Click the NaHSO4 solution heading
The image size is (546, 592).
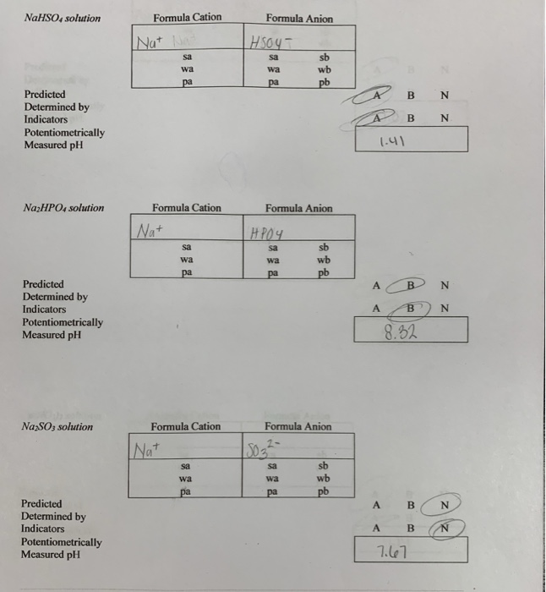pyautogui.click(x=63, y=18)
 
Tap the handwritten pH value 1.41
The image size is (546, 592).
pyautogui.click(x=392, y=141)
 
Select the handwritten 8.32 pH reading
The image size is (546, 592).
pyautogui.click(x=401, y=332)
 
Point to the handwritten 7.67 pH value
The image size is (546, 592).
pyautogui.click(x=392, y=552)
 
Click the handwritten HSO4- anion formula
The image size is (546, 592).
pyautogui.click(x=270, y=42)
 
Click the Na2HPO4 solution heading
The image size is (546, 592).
pyautogui.click(x=63, y=208)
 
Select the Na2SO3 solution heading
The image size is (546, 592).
pyautogui.click(x=57, y=426)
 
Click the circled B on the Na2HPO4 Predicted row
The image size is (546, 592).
pyautogui.click(x=411, y=285)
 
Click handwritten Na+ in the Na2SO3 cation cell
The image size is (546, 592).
pyautogui.click(x=147, y=450)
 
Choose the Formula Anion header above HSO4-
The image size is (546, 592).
pyautogui.click(x=299, y=19)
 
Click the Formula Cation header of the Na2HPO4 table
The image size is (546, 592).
pyautogui.click(x=187, y=208)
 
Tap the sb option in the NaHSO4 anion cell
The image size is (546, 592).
pyautogui.click(x=324, y=58)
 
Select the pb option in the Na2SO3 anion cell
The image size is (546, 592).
pyautogui.click(x=323, y=491)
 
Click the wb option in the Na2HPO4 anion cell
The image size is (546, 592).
pyautogui.click(x=324, y=260)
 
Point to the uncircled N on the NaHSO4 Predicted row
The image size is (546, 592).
pyautogui.click(x=445, y=95)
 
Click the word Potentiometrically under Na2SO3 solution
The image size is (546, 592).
pyautogui.click(x=62, y=542)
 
